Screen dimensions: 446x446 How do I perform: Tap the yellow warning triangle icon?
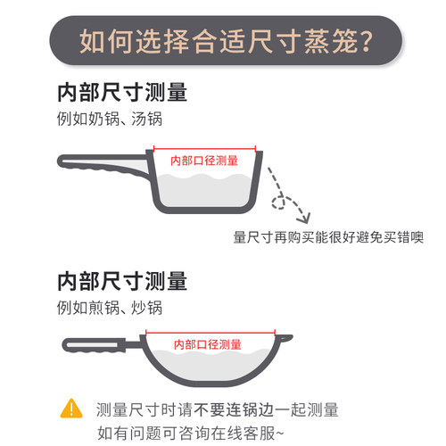tap(71, 409)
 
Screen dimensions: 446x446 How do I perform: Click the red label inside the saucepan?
tap(204, 161)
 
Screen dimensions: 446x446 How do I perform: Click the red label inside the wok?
tap(208, 344)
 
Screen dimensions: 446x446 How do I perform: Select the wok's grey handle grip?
tap(94, 345)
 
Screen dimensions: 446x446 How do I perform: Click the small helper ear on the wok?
tap(285, 338)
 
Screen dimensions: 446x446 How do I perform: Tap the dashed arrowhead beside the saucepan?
tap(304, 218)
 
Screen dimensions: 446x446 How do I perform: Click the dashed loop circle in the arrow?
tap(278, 202)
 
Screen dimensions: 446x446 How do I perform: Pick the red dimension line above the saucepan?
tap(204, 148)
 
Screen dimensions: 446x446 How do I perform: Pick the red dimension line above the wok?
tap(211, 332)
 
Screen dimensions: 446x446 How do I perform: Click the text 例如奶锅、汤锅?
tap(110, 119)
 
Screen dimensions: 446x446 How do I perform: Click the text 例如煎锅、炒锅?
tap(110, 308)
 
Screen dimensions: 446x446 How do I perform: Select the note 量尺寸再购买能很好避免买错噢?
tap(328, 237)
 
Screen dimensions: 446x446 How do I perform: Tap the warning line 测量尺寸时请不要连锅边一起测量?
tap(218, 409)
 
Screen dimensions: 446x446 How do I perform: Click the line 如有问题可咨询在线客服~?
tap(191, 433)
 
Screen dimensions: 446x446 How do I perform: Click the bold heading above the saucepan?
tap(122, 93)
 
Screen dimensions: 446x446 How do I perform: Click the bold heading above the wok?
tap(122, 281)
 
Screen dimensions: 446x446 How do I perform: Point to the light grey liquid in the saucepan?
tap(204, 191)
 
